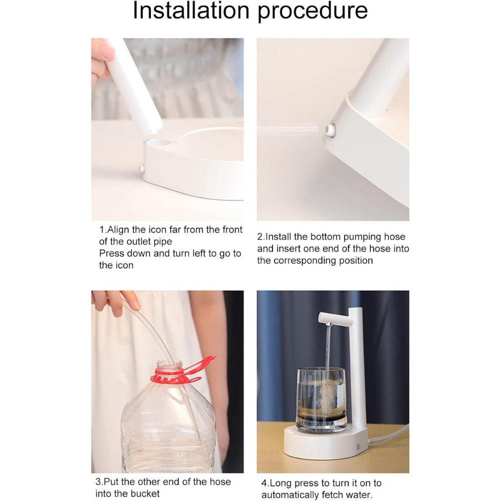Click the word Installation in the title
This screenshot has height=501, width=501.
pos(191,11)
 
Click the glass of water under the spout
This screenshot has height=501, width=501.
pos(322,400)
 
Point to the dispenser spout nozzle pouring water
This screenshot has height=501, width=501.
pos(329,325)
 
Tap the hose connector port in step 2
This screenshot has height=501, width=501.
pos(330,129)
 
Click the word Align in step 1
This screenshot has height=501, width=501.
pos(118,229)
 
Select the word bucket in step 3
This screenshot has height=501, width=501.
pos(145,493)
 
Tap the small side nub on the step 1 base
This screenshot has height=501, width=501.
pos(141,168)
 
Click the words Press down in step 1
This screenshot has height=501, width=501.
pos(125,254)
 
